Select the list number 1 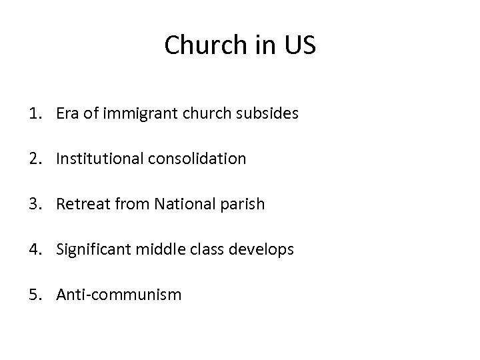point(34,114)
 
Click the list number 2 point(34,159)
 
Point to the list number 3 point(34,204)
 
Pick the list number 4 point(34,249)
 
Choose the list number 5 point(34,294)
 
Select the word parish point(244,205)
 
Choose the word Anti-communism point(119,294)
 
